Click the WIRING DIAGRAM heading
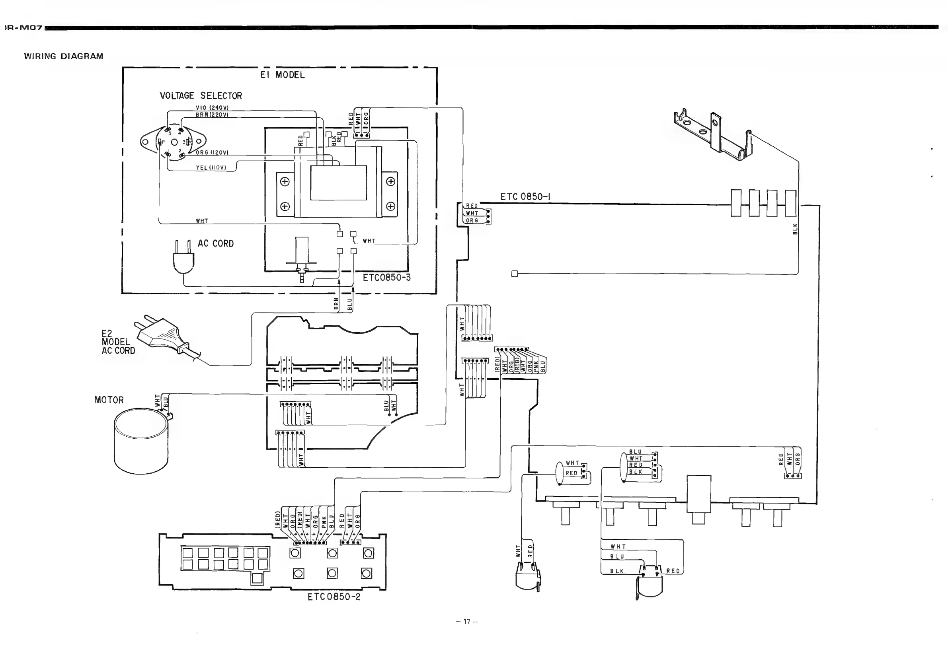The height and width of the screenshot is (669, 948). pyautogui.click(x=64, y=56)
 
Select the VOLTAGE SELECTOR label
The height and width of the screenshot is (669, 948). pyautogui.click(x=201, y=96)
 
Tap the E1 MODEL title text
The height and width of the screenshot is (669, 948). pyautogui.click(x=283, y=75)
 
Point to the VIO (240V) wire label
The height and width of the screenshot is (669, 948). pyautogui.click(x=212, y=108)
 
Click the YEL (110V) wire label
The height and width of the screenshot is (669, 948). pyautogui.click(x=211, y=167)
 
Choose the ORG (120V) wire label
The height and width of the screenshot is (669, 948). pyautogui.click(x=212, y=152)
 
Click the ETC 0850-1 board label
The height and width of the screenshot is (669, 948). pyautogui.click(x=525, y=197)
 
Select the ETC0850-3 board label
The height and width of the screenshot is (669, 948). pyautogui.click(x=386, y=278)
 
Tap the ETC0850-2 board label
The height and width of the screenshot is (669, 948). pyautogui.click(x=334, y=597)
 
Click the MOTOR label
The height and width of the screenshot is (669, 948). pyautogui.click(x=109, y=400)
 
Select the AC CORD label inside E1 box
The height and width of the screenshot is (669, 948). pyautogui.click(x=216, y=243)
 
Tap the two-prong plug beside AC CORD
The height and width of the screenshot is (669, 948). pyautogui.click(x=183, y=258)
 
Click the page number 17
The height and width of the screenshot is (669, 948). pyautogui.click(x=466, y=622)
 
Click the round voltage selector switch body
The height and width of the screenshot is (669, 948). pyautogui.click(x=174, y=142)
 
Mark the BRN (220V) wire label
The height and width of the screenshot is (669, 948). pyautogui.click(x=212, y=115)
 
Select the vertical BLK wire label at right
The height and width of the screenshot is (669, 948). pyautogui.click(x=795, y=229)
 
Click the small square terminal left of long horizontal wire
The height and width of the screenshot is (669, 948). pyautogui.click(x=515, y=274)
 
